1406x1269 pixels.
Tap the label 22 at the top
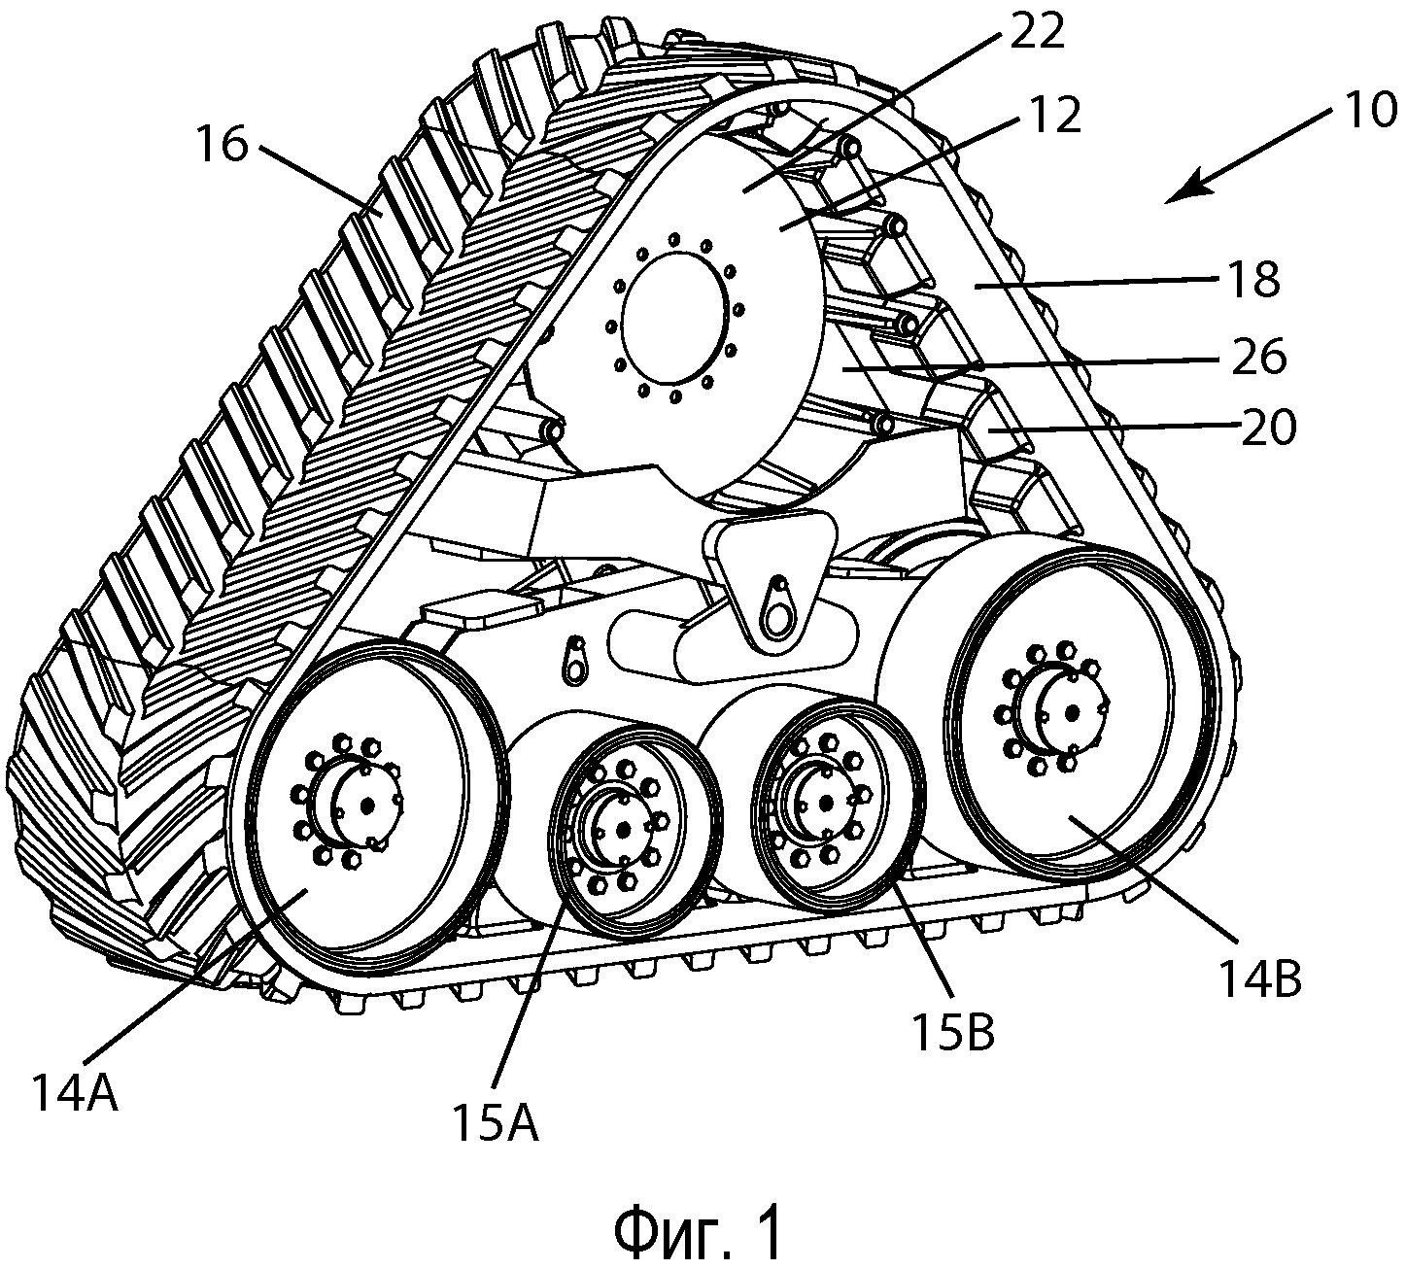pos(1036,31)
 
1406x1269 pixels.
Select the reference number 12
pos(1053,116)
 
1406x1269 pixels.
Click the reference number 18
pos(1253,280)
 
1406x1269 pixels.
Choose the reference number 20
pos(1268,427)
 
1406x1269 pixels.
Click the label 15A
pos(495,1123)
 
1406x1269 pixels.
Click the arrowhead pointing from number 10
pos(1173,197)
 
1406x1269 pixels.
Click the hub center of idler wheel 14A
pos(367,805)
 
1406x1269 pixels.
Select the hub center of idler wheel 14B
pos(1072,712)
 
